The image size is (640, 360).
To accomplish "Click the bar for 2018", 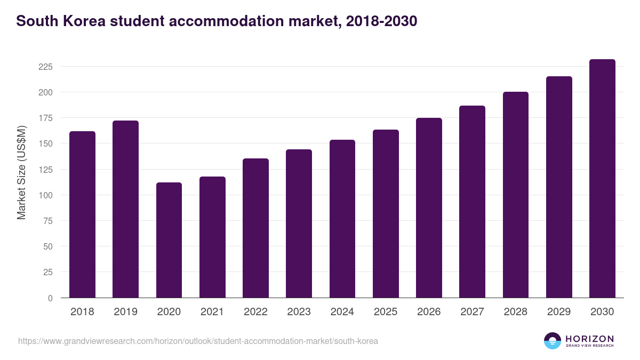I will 82,214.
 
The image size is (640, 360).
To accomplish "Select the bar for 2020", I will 169,240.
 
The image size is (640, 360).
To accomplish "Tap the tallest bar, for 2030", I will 602,179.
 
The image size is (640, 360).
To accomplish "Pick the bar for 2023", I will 299,223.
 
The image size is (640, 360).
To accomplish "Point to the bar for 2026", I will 429,208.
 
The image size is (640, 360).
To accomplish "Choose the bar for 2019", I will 125,209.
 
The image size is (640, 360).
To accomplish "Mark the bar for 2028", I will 515,195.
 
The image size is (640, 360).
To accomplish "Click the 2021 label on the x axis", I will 212,312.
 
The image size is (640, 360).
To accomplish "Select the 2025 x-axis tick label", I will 386,312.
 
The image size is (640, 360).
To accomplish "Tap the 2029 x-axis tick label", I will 559,312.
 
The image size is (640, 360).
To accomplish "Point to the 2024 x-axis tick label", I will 342,312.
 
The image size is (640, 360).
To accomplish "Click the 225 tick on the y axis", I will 45,67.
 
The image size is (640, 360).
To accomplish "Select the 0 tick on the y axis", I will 50,298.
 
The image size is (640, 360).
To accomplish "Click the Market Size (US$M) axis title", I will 21,172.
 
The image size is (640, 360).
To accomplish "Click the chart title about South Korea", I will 217,21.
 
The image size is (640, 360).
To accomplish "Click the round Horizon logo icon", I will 553,341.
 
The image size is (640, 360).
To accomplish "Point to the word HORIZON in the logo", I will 589,339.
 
